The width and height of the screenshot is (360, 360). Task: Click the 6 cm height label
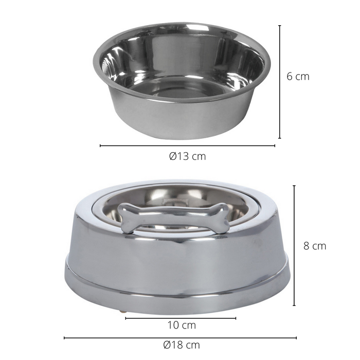(298, 76)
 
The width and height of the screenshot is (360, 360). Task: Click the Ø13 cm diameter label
(187, 156)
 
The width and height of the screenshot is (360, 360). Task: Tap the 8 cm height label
(314, 246)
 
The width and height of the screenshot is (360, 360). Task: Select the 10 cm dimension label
(182, 325)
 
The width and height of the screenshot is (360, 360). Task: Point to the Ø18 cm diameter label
(181, 345)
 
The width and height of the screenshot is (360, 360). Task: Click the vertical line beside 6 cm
(280, 82)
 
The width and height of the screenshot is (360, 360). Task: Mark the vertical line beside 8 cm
(294, 246)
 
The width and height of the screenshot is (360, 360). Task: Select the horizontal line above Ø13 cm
(187, 146)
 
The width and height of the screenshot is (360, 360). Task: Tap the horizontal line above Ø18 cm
(180, 338)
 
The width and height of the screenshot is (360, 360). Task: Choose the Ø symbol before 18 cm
(167, 345)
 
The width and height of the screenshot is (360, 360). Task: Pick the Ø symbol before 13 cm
(173, 156)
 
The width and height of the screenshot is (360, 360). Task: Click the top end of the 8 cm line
(294, 186)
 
